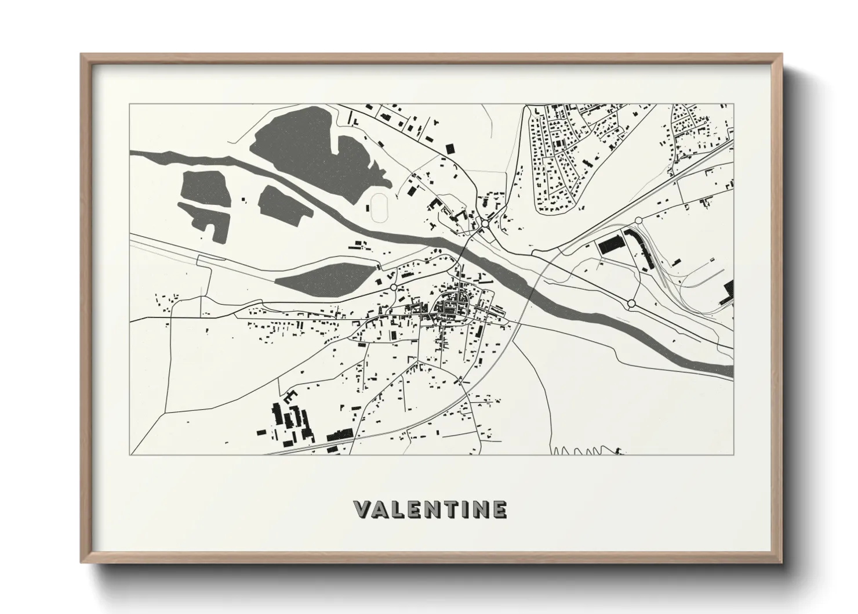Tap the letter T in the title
pos(446,510)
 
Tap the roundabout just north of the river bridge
pos(485,223)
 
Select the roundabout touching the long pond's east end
pos(394,287)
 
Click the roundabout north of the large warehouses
pos(638,220)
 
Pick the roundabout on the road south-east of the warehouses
pos(631,303)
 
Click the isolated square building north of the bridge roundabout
pos(448,149)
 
